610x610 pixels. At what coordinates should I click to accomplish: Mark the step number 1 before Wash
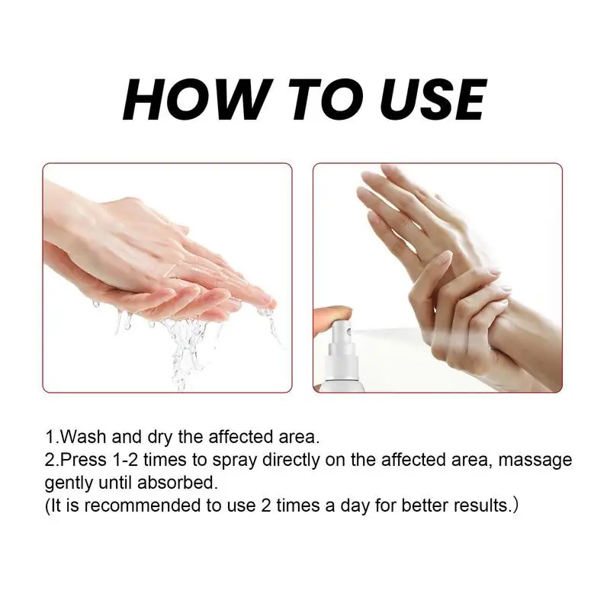coord(50,438)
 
